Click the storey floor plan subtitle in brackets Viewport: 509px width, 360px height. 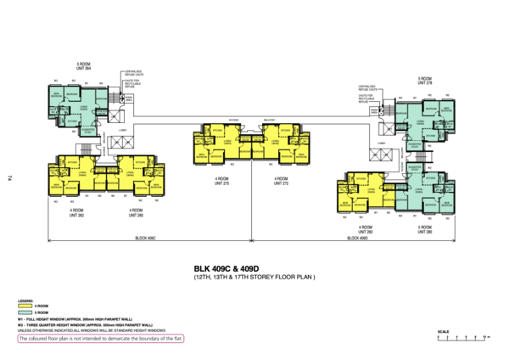pos(255,278)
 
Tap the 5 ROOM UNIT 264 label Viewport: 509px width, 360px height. pos(84,66)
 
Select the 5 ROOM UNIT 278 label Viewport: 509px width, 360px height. pos(424,82)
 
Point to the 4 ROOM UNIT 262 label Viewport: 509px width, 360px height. pos(76,211)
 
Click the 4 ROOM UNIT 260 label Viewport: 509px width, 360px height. pos(133,211)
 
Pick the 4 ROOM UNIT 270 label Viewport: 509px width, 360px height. pos(223,181)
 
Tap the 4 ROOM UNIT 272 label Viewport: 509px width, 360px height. pos(281,181)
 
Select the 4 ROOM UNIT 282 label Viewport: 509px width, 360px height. pos(366,229)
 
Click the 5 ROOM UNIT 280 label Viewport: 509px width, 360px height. pos(424,229)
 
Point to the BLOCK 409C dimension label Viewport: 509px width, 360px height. pos(145,239)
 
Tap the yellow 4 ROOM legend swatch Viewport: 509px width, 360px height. pos(25,306)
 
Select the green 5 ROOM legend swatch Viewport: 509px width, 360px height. pos(25,312)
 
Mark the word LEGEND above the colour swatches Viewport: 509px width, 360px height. pos(25,301)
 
